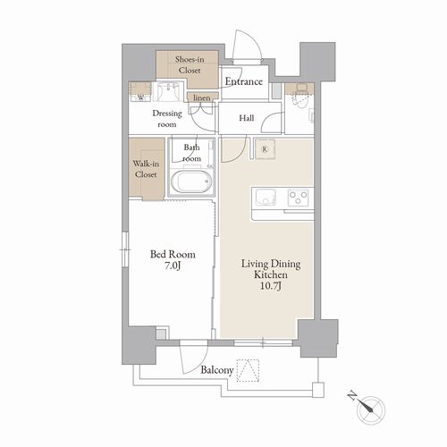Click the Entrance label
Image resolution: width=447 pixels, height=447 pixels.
click(244, 81)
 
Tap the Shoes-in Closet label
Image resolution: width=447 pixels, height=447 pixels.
click(190, 64)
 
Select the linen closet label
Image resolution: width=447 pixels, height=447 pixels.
click(202, 97)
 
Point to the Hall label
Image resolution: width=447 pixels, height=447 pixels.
click(247, 118)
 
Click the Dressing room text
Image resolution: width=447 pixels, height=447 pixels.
click(167, 119)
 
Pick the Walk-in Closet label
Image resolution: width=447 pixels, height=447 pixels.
click(146, 169)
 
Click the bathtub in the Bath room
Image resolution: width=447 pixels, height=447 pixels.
click(191, 181)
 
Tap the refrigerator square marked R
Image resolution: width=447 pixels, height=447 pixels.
click(265, 149)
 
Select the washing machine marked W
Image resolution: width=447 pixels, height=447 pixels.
click(140, 92)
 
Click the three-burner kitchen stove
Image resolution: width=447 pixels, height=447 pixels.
click(299, 198)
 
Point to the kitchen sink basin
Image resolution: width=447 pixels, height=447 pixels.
click(266, 198)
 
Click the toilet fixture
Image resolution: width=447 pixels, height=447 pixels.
click(300, 97)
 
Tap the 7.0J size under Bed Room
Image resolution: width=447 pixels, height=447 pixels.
click(173, 266)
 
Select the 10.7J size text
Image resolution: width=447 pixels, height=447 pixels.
click(271, 286)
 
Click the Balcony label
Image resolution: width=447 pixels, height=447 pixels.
click(216, 370)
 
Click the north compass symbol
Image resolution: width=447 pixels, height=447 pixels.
click(371, 410)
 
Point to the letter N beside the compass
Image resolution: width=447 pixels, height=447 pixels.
click(352, 396)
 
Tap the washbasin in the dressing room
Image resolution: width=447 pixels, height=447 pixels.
click(169, 90)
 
